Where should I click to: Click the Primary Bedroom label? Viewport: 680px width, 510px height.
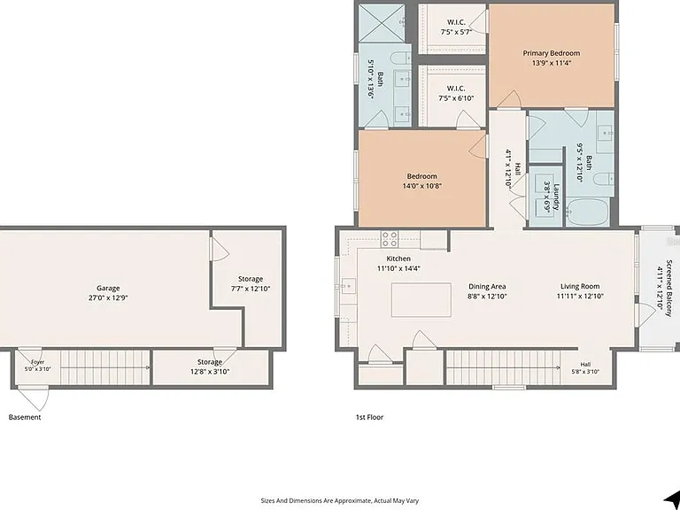pyautogui.click(x=552, y=53)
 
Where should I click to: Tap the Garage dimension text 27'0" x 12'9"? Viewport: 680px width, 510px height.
pyautogui.click(x=107, y=297)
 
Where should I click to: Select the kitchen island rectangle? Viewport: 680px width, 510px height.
pyautogui.click(x=421, y=299)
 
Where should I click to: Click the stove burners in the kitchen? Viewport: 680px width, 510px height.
pyautogui.click(x=390, y=239)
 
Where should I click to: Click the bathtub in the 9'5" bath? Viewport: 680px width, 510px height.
pyautogui.click(x=588, y=212)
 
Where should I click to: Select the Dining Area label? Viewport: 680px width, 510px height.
pyautogui.click(x=487, y=286)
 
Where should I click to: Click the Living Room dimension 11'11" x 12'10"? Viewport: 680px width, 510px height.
pyautogui.click(x=580, y=297)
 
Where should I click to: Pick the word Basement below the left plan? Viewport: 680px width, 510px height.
pyautogui.click(x=25, y=417)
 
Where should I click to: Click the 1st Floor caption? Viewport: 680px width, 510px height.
pyautogui.click(x=369, y=417)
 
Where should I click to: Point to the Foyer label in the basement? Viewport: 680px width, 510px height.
pyautogui.click(x=38, y=362)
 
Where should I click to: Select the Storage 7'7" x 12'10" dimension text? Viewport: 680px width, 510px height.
pyautogui.click(x=251, y=289)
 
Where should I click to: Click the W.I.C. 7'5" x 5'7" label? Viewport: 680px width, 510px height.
pyautogui.click(x=456, y=27)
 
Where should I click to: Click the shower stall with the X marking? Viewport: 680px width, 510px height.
pyautogui.click(x=382, y=23)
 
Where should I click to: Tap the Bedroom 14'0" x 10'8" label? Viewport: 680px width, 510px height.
pyautogui.click(x=422, y=182)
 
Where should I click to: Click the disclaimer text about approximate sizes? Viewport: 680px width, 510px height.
pyautogui.click(x=340, y=500)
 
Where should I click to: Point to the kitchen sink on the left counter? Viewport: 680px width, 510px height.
pyautogui.click(x=348, y=286)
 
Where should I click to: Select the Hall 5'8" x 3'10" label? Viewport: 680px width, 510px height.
pyautogui.click(x=585, y=367)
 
